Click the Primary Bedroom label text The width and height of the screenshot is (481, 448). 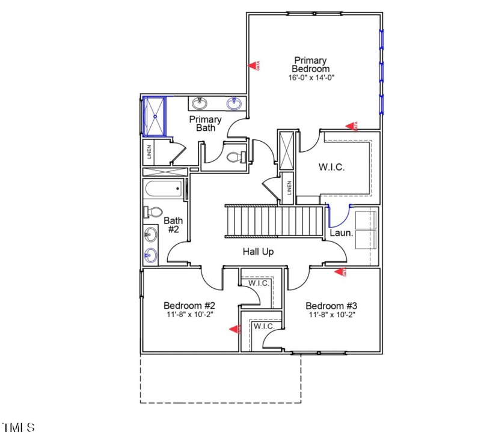[x=310, y=64]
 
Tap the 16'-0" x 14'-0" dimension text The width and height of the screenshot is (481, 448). [x=310, y=77]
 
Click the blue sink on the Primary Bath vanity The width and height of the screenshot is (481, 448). [x=234, y=104]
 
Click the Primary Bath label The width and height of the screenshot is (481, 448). [x=205, y=123]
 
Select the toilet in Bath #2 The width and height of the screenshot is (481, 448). [x=154, y=213]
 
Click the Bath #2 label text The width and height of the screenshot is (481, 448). [x=173, y=225]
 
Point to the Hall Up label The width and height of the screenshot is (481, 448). [x=258, y=252]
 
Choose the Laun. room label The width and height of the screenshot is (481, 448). [x=341, y=232]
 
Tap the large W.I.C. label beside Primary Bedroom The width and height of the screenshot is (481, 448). [x=331, y=168]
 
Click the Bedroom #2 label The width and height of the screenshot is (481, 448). [x=185, y=306]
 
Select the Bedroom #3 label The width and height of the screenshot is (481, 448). [x=332, y=306]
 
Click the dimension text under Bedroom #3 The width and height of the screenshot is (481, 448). [x=332, y=315]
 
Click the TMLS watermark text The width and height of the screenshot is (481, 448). [x=18, y=428]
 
